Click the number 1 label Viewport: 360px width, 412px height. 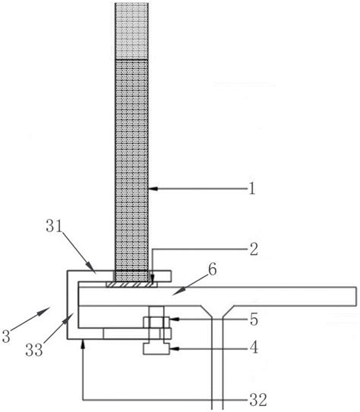point(252,188)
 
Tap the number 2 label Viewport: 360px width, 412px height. point(254,249)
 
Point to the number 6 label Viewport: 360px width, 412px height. point(212,269)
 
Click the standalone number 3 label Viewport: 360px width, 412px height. point(6,336)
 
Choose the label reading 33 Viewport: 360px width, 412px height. point(34,350)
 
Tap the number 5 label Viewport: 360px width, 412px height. point(254,319)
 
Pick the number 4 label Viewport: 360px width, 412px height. point(254,348)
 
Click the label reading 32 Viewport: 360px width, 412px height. point(258,400)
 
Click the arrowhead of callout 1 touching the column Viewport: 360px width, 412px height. point(152,188)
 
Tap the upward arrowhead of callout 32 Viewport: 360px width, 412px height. point(84,343)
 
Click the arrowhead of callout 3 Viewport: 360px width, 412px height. point(46,310)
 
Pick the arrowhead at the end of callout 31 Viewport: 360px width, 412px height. point(92,269)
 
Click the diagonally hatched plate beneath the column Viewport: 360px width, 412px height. point(131,285)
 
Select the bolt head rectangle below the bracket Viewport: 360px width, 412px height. point(156,349)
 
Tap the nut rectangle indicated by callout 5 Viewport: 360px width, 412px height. point(156,322)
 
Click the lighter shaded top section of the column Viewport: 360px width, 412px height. point(131,31)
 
